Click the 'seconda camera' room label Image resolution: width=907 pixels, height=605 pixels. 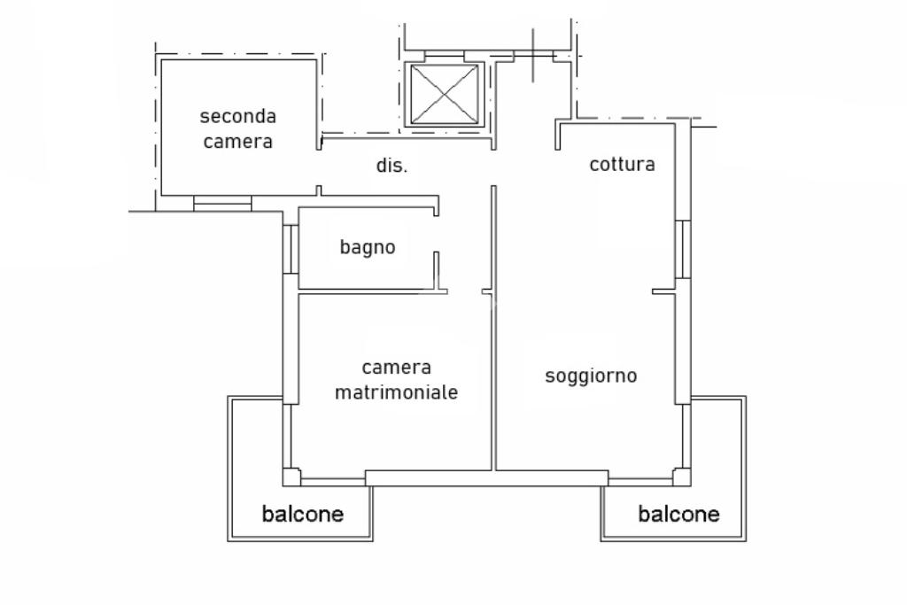[x=237, y=129]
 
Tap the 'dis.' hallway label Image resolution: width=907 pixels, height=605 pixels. [x=392, y=166]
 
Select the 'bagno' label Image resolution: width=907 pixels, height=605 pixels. [x=368, y=247]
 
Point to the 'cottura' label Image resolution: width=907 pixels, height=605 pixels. [x=622, y=164]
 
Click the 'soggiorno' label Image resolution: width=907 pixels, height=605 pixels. [x=591, y=376]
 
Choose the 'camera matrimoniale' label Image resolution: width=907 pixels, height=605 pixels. [x=396, y=380]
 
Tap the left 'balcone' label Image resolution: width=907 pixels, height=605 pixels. [x=303, y=513]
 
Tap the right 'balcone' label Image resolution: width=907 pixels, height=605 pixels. [x=678, y=513]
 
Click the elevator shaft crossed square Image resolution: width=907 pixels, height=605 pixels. [x=445, y=94]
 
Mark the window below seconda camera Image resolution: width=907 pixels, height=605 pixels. [x=222, y=203]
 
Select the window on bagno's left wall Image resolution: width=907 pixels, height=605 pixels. [x=291, y=249]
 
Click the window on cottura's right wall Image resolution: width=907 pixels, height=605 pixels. [x=683, y=249]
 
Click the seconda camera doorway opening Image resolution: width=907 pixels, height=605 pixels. [x=319, y=167]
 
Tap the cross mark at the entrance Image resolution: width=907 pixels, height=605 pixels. [x=533, y=54]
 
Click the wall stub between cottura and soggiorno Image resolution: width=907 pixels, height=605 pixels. [x=664, y=291]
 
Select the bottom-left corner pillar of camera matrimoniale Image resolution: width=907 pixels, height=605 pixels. [x=292, y=477]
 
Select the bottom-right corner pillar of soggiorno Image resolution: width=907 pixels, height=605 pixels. [x=681, y=477]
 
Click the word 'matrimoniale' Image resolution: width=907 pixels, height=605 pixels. [x=396, y=392]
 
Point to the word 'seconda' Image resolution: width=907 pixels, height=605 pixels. [x=237, y=116]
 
